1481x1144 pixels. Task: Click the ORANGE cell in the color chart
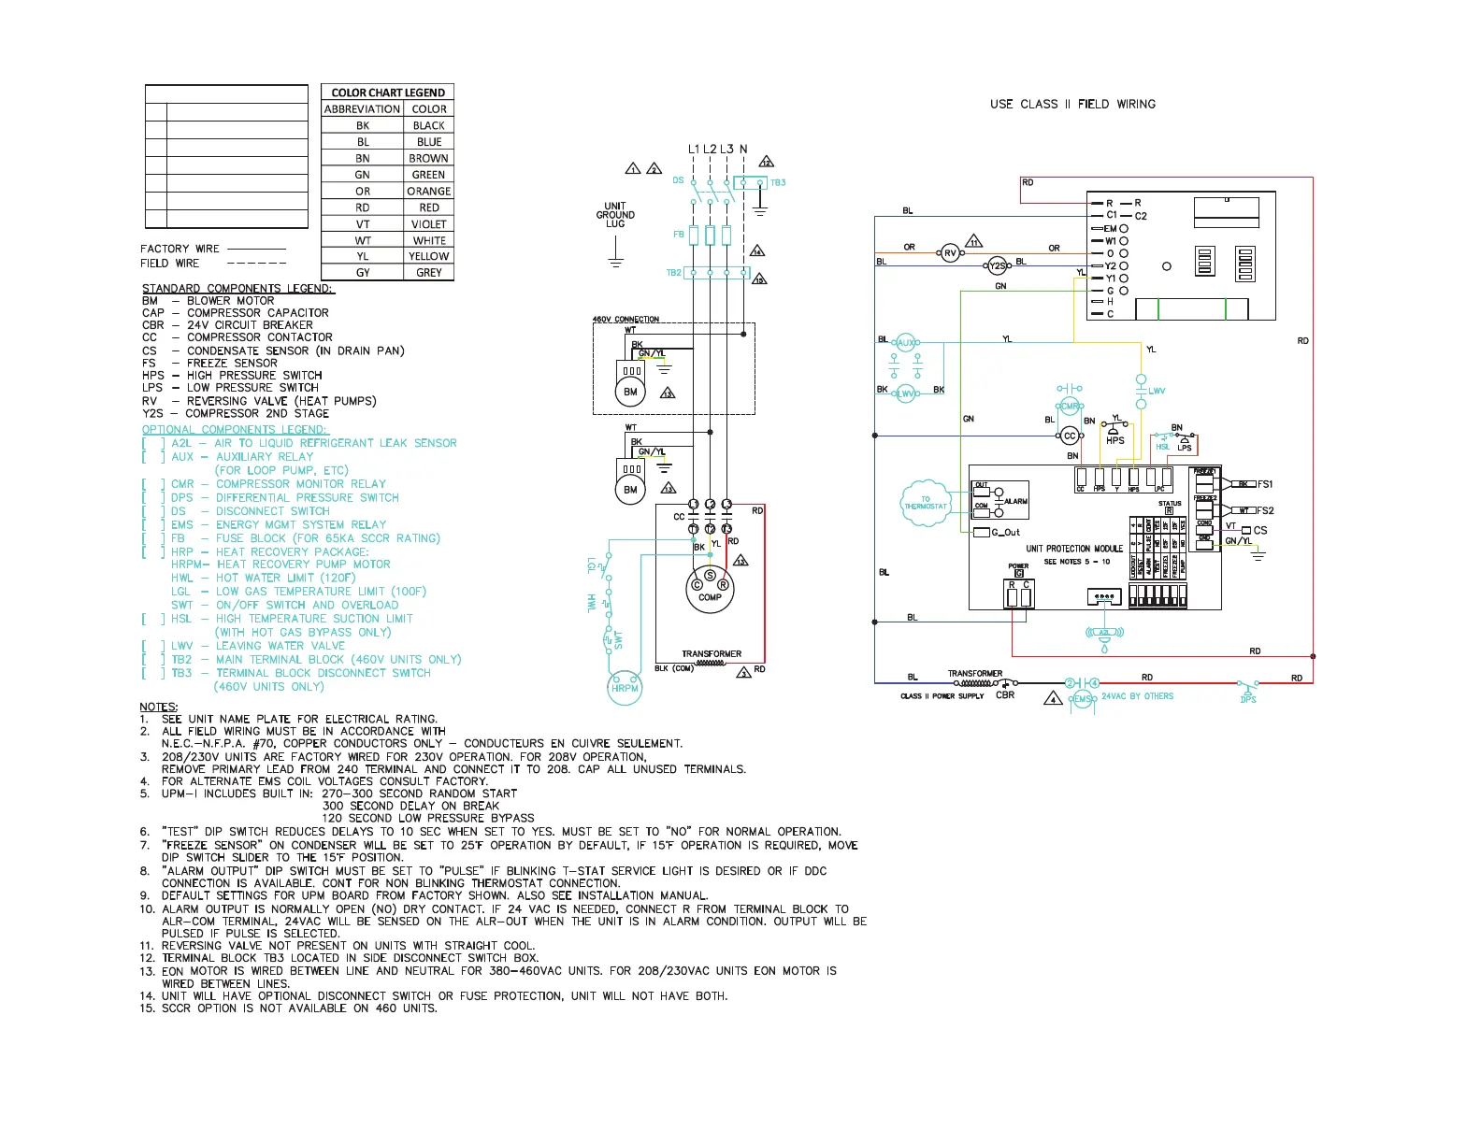428,191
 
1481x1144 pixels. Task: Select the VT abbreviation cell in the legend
362,223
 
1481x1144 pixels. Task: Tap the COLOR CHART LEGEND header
387,93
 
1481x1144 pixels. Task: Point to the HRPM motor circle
625,688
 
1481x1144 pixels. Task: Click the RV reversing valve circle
950,253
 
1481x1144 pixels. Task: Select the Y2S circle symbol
998,266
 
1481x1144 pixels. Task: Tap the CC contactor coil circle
1070,436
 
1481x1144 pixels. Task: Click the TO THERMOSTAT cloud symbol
925,503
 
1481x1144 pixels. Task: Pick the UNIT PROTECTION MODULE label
1073,549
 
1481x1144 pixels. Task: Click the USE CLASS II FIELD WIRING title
1072,104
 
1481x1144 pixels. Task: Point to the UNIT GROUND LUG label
615,215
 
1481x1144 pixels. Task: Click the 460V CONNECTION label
625,320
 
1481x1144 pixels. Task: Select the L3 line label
726,149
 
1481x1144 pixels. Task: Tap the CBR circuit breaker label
1005,695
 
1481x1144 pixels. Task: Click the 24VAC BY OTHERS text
1137,696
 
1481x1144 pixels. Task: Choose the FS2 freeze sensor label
1265,510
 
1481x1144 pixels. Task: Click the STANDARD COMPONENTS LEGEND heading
237,288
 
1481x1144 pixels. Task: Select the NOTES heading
158,707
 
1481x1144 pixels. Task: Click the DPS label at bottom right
1248,699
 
